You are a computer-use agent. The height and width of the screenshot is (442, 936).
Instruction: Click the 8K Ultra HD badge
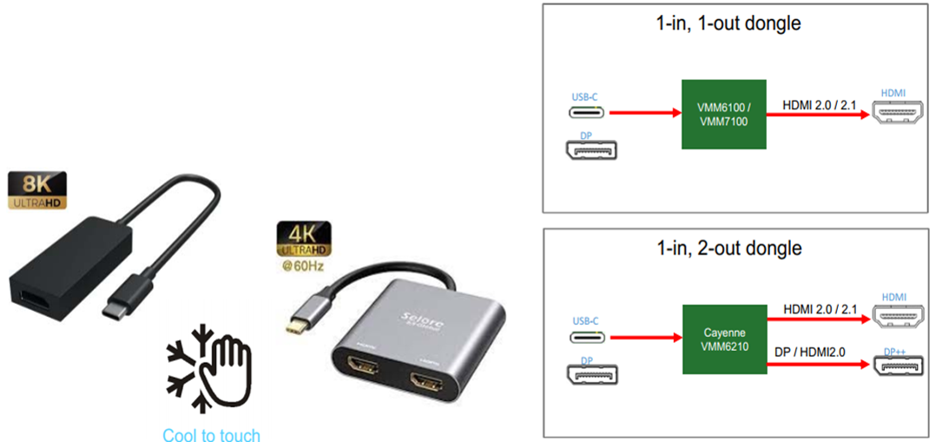[x=36, y=190]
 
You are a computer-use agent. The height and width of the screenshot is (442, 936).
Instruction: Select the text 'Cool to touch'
[x=211, y=433]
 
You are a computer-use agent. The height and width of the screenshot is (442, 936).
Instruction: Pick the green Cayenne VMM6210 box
[x=723, y=339]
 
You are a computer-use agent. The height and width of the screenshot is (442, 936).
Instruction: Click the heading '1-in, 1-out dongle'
[x=728, y=23]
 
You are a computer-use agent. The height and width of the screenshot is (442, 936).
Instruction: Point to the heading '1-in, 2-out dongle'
[x=728, y=248]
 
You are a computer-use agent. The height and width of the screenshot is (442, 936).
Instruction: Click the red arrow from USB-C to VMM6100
[x=644, y=112]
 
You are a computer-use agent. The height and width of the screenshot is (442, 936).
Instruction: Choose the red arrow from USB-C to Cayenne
[x=645, y=337]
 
